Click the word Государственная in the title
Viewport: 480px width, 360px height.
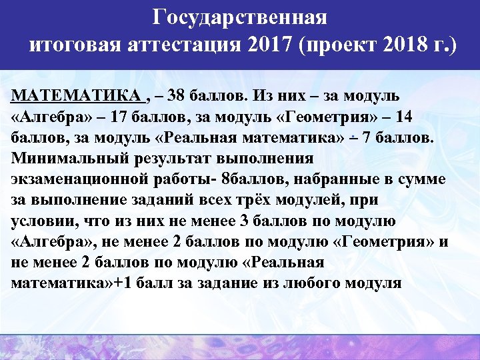pyautogui.click(x=239, y=18)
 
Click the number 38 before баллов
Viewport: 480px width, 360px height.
pyautogui.click(x=177, y=95)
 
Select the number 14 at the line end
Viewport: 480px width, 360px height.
pyautogui.click(x=404, y=116)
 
